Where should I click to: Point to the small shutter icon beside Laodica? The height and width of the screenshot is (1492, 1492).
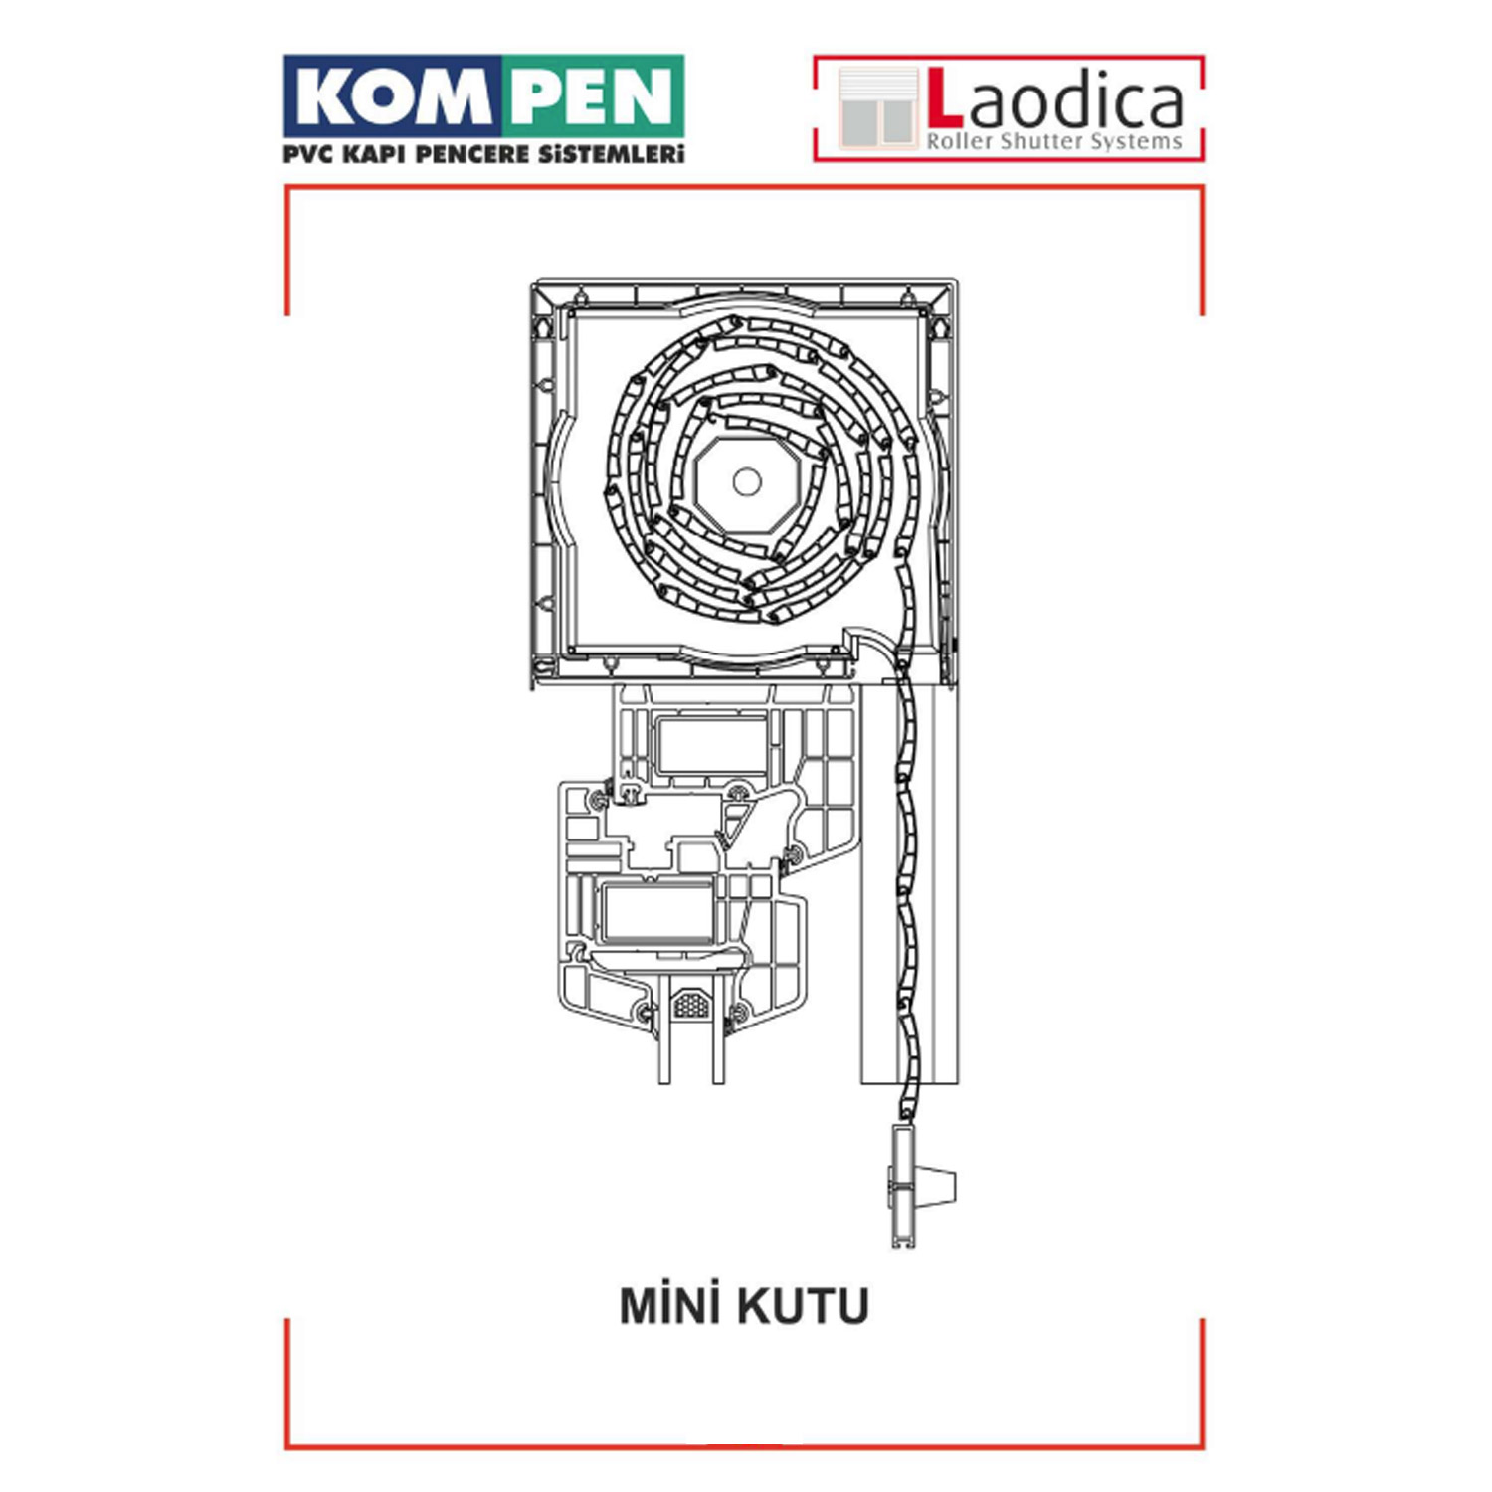coord(876,107)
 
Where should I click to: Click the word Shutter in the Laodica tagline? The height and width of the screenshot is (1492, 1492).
coord(1040,141)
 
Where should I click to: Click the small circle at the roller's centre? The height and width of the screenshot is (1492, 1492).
coord(746,482)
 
